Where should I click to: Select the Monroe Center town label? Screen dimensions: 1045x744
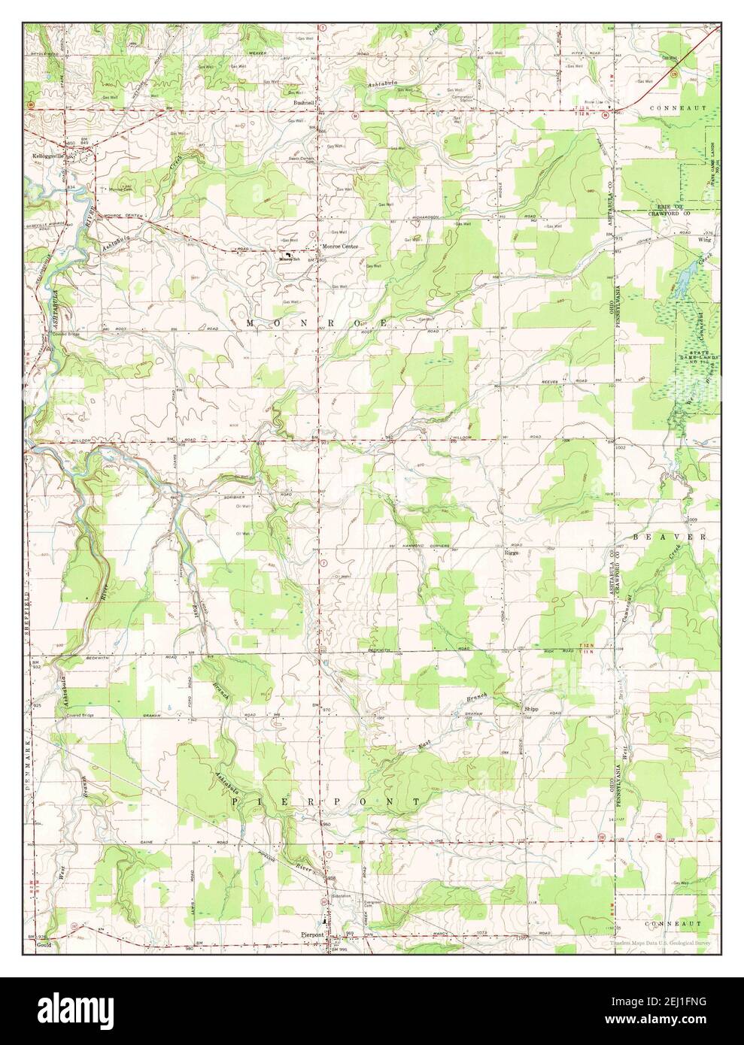(341, 247)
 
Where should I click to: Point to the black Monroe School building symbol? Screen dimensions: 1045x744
(285, 256)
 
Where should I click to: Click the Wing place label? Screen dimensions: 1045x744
(704, 241)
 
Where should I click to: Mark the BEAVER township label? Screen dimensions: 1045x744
(669, 538)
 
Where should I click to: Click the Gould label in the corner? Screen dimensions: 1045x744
(43, 948)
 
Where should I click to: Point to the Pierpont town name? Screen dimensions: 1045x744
(311, 934)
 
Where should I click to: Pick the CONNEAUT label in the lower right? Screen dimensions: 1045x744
(675, 922)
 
